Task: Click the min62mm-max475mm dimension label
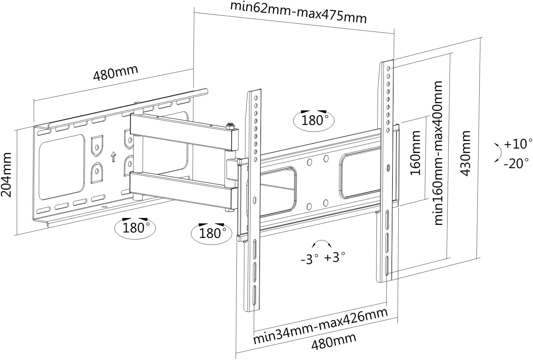pyautogui.click(x=298, y=12)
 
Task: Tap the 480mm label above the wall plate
pyautogui.click(x=115, y=72)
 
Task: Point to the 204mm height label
pyautogui.click(x=7, y=175)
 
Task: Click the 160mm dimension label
pyautogui.click(x=415, y=153)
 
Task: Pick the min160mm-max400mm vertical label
pyautogui.click(x=438, y=153)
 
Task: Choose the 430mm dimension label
pyautogui.click(x=465, y=153)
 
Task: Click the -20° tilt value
pyautogui.click(x=516, y=163)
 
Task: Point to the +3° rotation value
pyautogui.click(x=334, y=257)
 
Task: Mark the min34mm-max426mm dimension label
pyautogui.click(x=320, y=326)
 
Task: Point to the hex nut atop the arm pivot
pyautogui.click(x=230, y=126)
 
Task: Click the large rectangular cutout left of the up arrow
pyautogui.click(x=61, y=167)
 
